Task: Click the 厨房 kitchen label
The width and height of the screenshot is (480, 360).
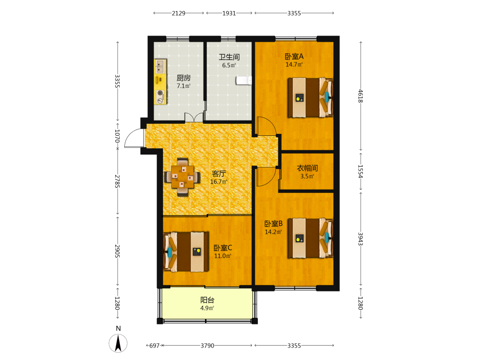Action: pos(184,78)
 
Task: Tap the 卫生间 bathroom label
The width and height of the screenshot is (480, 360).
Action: pos(229,57)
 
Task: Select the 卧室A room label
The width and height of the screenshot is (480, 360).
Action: pos(294,56)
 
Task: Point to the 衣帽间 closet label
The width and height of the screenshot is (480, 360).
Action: pos(307,168)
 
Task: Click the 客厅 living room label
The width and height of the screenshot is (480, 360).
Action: pos(219,174)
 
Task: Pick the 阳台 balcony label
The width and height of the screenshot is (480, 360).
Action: pos(207,300)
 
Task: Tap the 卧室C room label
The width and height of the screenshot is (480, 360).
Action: pos(223,248)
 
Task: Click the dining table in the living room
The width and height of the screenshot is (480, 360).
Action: pos(182,177)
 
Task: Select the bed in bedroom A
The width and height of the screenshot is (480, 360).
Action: pos(310,97)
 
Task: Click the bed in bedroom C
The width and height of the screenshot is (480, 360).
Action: pos(186,252)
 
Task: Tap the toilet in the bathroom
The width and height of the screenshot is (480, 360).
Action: pos(244,80)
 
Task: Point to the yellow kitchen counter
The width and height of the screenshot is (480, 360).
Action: pos(160,82)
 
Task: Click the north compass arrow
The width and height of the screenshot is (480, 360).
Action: pos(118,343)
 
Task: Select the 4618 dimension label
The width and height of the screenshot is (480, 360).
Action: pos(360,96)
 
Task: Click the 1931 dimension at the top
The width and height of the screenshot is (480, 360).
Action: pos(229,13)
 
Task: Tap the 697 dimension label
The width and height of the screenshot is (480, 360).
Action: pos(154,346)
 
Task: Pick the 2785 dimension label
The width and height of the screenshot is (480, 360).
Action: pos(117,181)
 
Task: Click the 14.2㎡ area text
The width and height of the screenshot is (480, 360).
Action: pos(274,232)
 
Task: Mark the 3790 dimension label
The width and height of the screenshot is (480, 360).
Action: pos(207,346)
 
